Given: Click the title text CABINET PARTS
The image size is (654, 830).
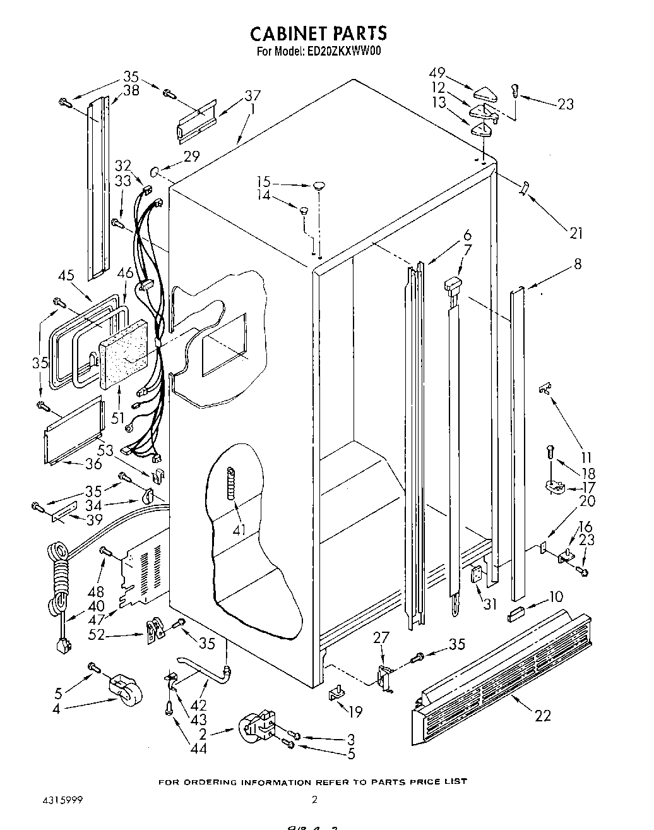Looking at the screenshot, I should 319,33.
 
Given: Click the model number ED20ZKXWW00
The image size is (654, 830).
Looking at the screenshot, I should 345,52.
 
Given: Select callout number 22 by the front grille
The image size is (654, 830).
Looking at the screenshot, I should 542,715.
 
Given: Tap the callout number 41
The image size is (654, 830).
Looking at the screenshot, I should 238,529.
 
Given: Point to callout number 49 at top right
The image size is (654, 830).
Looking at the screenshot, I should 455,73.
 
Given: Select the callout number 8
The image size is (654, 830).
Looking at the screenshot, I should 578,264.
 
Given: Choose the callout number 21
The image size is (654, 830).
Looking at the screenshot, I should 575,233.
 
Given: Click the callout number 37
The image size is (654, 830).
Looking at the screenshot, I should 253,96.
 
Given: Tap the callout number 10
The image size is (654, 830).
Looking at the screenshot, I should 556,596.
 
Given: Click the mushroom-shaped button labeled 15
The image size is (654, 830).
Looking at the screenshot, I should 319,185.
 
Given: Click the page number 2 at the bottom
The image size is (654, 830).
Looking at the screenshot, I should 314,800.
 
